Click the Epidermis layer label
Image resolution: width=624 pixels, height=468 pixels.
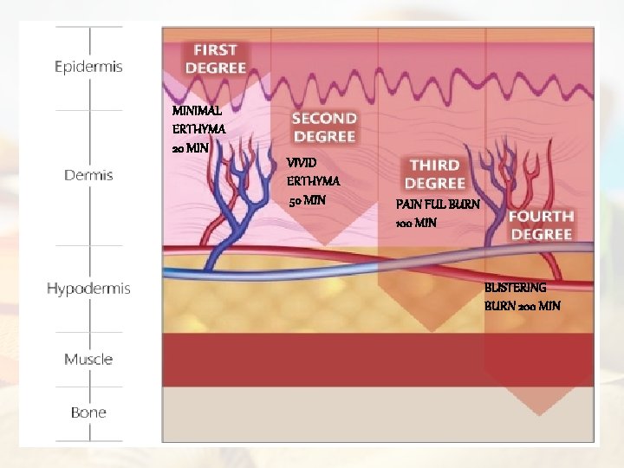click(x=88, y=67)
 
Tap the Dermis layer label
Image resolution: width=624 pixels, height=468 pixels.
click(x=88, y=175)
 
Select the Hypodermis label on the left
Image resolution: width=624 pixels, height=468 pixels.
click(x=88, y=289)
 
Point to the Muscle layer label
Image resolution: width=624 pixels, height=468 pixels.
click(x=88, y=359)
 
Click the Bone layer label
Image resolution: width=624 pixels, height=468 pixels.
click(x=88, y=413)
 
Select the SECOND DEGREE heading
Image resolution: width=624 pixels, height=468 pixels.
click(x=323, y=127)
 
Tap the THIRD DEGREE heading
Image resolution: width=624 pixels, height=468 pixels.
click(x=434, y=173)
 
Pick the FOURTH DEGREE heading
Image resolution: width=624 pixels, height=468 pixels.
click(x=540, y=225)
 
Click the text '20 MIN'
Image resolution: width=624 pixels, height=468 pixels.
click(x=191, y=148)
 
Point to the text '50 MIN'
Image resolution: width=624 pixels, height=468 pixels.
click(x=307, y=201)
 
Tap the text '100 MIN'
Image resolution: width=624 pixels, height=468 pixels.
click(x=415, y=223)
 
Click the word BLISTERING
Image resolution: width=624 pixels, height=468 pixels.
click(x=515, y=287)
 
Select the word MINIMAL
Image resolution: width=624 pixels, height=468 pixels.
click(x=197, y=111)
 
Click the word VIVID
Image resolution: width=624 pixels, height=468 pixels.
click(x=302, y=163)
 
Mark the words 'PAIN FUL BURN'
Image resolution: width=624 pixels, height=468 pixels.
click(x=437, y=205)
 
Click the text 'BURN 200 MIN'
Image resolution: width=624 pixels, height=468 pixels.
click(x=522, y=306)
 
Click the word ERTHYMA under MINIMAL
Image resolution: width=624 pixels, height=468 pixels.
click(x=198, y=129)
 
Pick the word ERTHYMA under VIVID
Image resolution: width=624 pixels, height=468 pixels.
click(x=313, y=182)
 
